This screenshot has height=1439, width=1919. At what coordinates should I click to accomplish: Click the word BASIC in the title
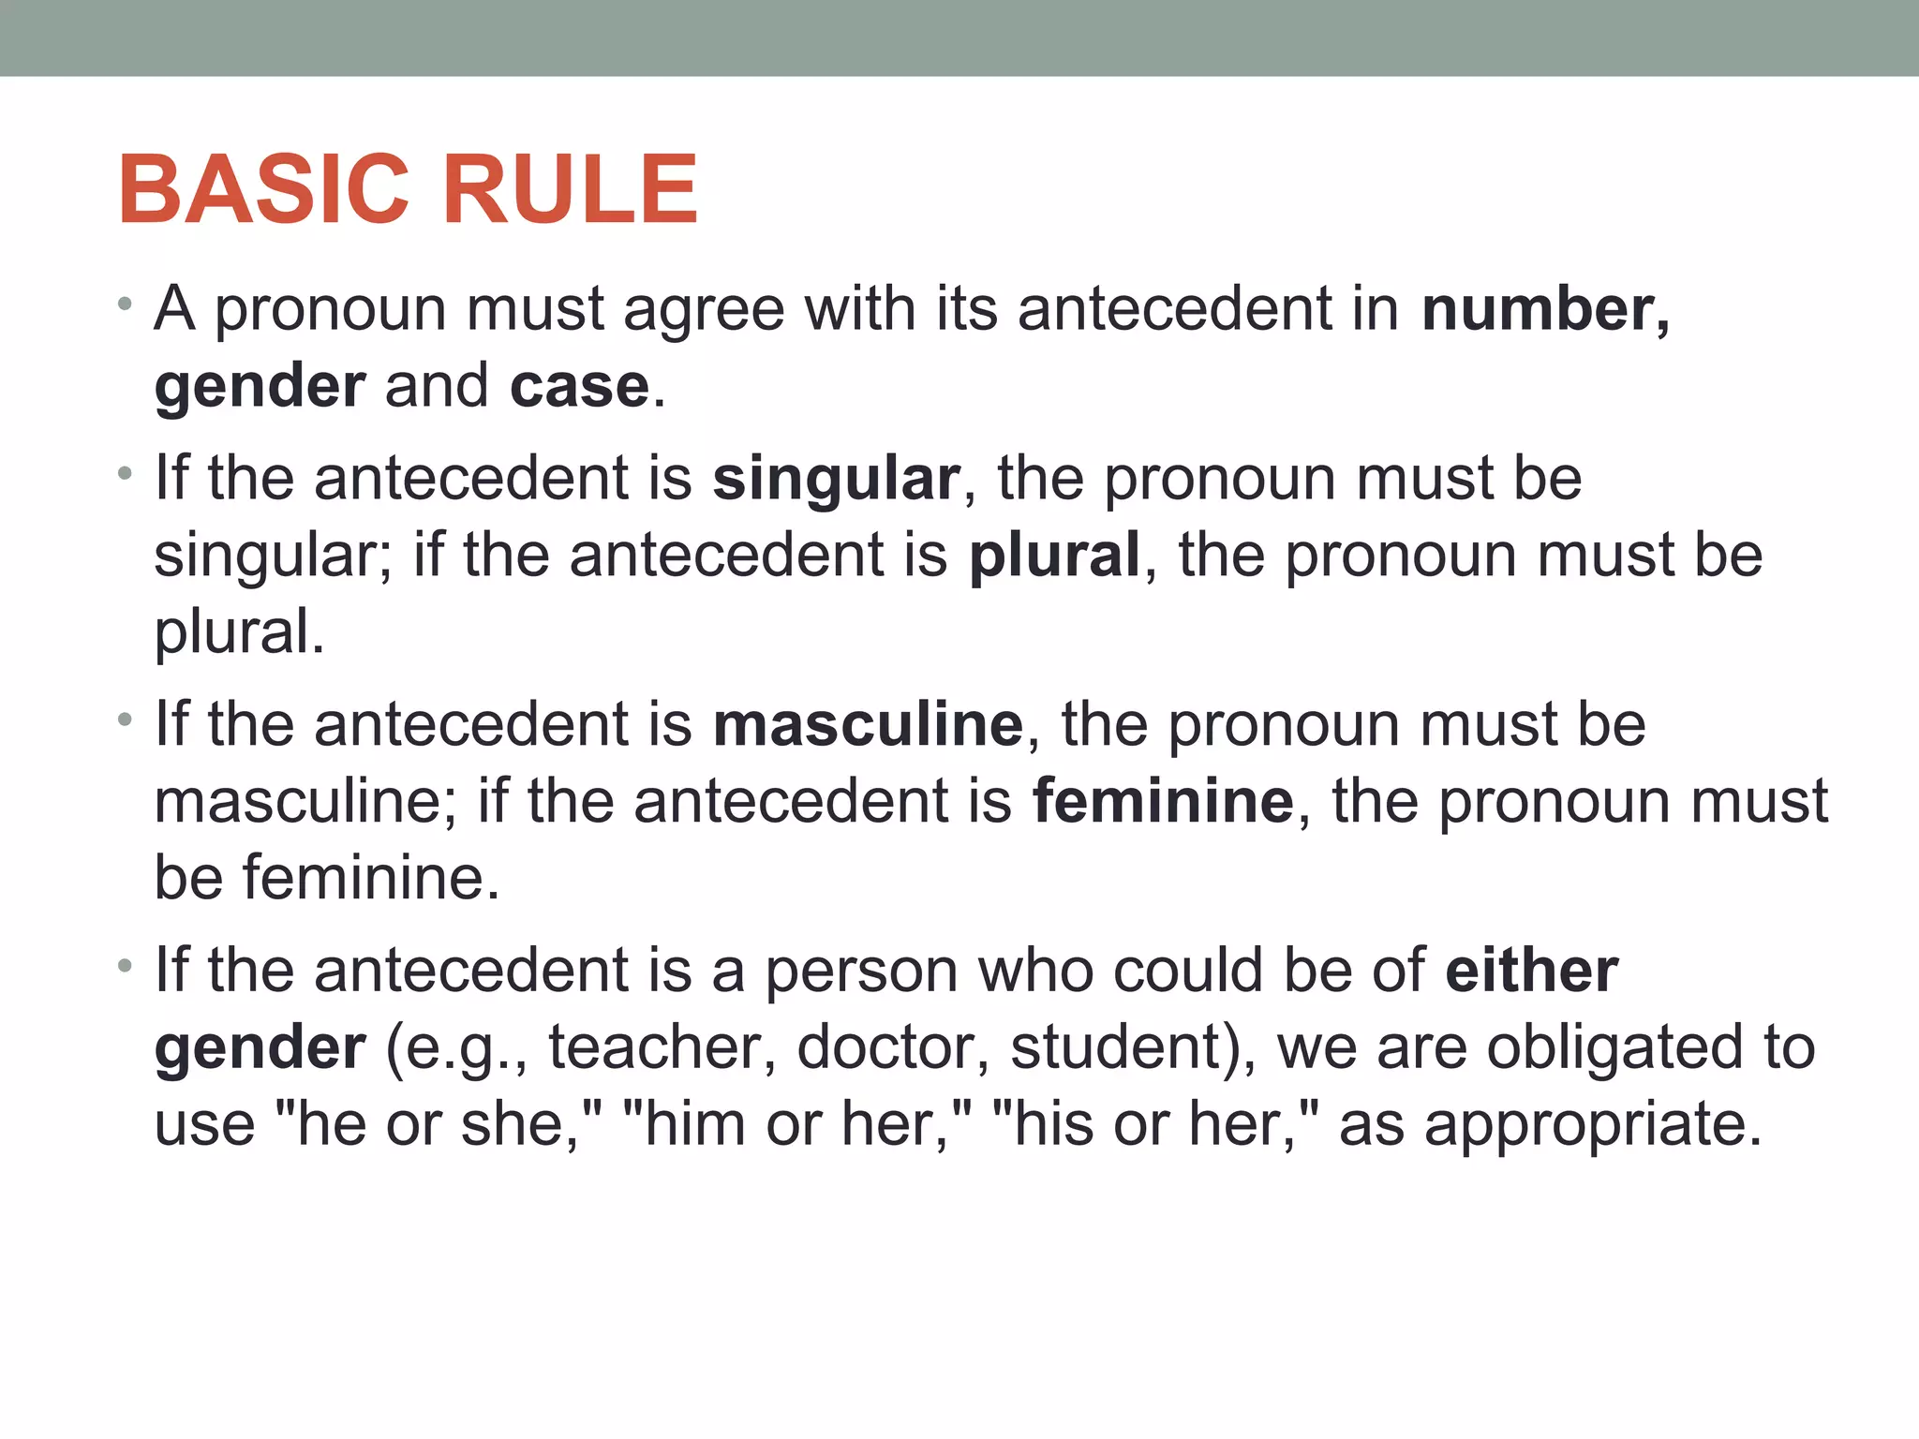point(264,190)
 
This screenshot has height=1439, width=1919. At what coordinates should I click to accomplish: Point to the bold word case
point(579,386)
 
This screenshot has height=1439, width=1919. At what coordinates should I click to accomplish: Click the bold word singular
point(836,479)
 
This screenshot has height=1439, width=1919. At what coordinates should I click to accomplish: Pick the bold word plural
point(1054,555)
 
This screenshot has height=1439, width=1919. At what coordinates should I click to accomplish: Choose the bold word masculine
point(868,725)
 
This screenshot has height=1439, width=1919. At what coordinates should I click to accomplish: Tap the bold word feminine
point(1163,802)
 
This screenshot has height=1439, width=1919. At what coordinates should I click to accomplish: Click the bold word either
point(1531,971)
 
